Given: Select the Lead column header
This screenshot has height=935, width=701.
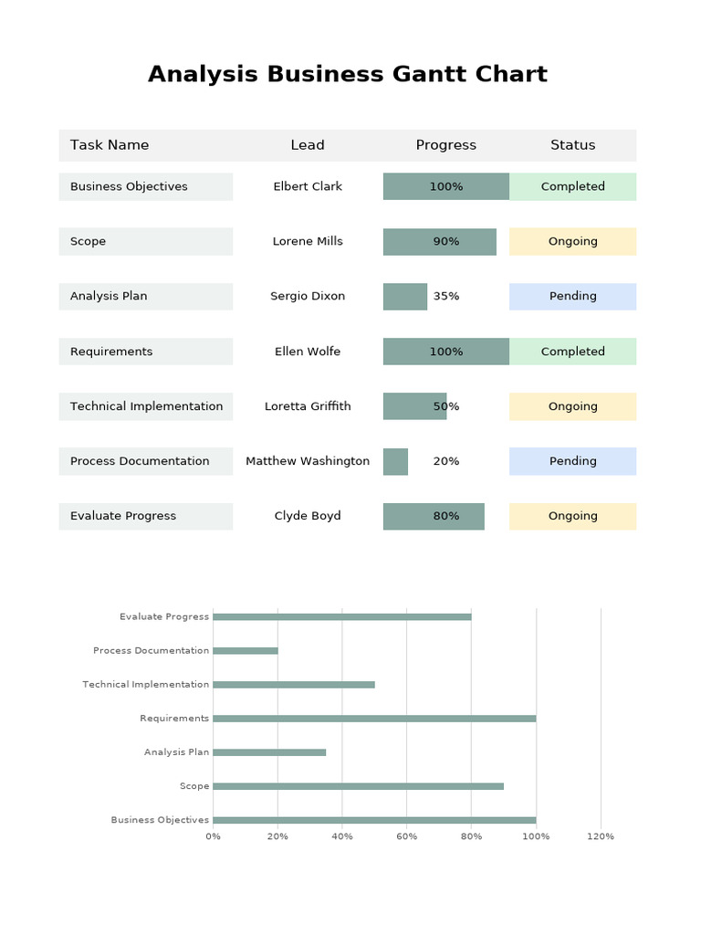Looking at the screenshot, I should coord(308,145).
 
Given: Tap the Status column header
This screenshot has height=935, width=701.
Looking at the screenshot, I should coord(572,145).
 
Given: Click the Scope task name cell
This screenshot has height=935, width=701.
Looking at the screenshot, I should coord(145,242).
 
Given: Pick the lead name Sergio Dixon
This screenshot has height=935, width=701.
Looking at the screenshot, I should coord(308,297).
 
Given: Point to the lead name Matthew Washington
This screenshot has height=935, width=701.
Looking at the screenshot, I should coord(308,461).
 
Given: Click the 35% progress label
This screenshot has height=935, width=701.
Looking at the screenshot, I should coord(446,297).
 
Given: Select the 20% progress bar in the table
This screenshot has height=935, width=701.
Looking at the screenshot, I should coord(395,461).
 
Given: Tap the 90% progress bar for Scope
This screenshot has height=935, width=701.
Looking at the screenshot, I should coord(439,242).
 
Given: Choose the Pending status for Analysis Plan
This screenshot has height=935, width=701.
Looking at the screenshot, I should coord(572,297).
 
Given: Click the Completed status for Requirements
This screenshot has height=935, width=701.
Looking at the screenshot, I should coord(572,352).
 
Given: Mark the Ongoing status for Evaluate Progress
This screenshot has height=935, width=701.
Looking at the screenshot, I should coord(572,516).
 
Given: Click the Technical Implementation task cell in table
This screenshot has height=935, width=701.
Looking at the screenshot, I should coord(145,406).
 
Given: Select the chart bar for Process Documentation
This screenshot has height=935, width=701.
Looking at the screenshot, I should coord(245,651).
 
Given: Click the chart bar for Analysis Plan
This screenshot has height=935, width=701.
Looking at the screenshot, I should coord(269,752).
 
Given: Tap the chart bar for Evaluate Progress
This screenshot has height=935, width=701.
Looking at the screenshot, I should coord(341,617).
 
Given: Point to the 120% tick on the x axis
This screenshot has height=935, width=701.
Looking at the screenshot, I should coord(601,836).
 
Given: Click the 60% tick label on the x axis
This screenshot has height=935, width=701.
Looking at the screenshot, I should coord(406,836).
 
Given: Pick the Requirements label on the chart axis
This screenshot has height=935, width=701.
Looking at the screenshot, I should coord(174,719).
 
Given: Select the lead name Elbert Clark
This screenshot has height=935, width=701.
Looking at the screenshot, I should coord(308,187).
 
